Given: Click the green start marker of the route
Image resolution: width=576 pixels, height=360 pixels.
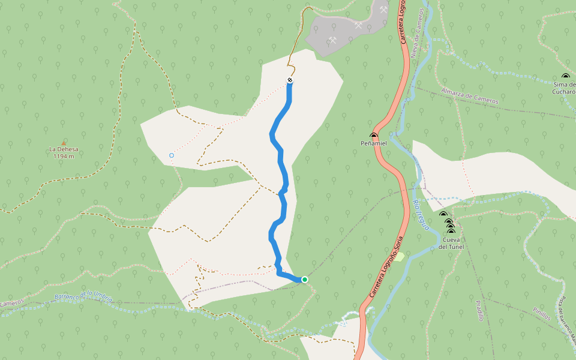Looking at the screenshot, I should (305, 280).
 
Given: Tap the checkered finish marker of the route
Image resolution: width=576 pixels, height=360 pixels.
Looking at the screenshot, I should (290, 80).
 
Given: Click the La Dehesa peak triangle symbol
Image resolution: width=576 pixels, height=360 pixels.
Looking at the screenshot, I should (64, 142).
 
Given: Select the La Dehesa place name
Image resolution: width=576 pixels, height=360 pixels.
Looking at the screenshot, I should (64, 149).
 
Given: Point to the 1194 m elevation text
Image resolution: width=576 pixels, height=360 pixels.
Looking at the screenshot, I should (64, 157).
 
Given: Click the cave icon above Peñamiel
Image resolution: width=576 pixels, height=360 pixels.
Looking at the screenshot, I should (374, 136).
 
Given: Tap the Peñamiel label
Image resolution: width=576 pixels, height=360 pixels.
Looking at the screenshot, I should (373, 144).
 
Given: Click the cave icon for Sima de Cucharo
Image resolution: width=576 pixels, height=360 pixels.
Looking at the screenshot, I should (565, 76).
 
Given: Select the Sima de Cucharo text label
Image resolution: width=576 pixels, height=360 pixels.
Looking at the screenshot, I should (565, 88).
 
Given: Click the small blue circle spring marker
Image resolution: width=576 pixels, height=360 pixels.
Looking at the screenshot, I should (172, 155).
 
